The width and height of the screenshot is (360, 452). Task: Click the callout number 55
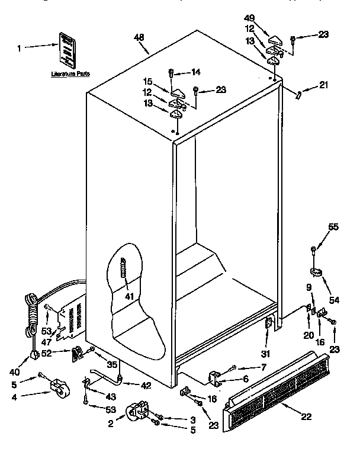pyautogui.click(x=334, y=227)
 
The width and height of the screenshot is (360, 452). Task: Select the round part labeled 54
pyautogui.click(x=317, y=271)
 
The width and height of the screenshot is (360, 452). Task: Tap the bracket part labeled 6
pyautogui.click(x=216, y=377)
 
